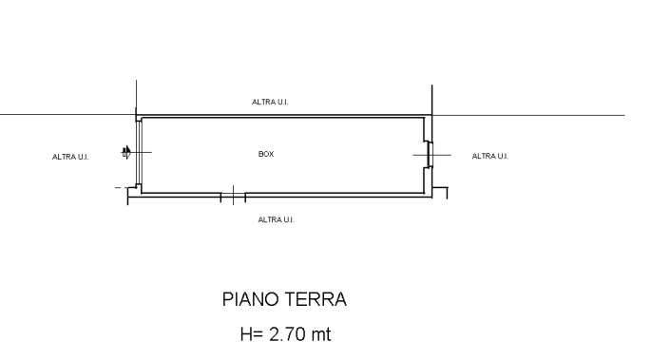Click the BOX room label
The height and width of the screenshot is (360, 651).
tap(266, 154)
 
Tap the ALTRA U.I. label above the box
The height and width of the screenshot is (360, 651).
tap(270, 102)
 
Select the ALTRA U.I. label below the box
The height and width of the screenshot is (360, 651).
tap(277, 219)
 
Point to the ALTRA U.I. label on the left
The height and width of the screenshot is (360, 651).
tap(70, 157)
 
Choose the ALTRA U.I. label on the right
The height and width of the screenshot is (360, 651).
tap(490, 156)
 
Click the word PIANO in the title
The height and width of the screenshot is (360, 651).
tap(249, 300)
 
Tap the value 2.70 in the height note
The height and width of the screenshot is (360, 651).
tap(288, 334)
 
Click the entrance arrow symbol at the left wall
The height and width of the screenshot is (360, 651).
tap(125, 151)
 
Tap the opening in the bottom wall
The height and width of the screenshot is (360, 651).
tap(233, 197)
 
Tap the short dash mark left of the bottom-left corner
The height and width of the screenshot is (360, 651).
tap(118, 188)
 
